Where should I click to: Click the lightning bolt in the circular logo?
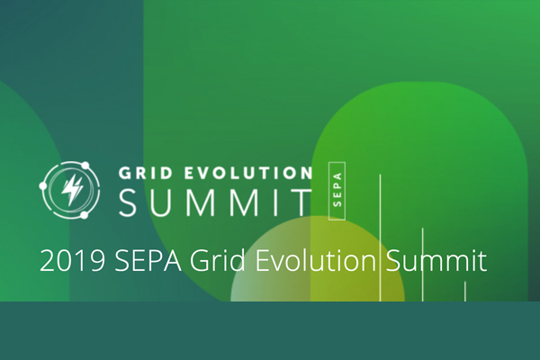point(72,190)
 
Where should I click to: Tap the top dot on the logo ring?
point(85,166)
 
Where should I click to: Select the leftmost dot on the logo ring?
point(43,186)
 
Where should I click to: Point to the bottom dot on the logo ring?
point(84,215)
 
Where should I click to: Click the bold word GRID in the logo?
point(145,173)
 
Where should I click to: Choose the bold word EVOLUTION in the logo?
point(248,173)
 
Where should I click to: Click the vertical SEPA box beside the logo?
point(337,191)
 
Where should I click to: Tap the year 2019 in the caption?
point(73,261)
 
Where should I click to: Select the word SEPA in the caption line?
point(148,261)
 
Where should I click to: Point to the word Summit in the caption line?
point(436,260)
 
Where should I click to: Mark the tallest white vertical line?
point(380,238)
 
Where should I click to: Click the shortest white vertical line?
point(465,292)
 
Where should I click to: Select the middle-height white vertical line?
point(423,265)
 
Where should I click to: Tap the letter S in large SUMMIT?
point(128,202)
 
